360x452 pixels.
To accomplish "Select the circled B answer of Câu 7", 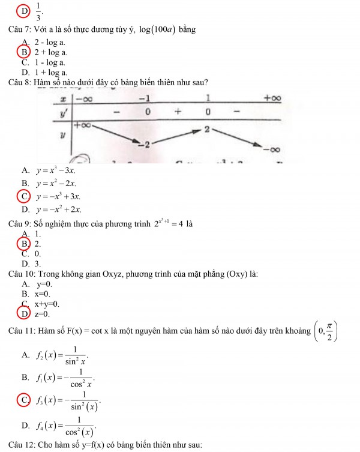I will point(25,52).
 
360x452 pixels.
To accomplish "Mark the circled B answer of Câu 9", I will point(25,244).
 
